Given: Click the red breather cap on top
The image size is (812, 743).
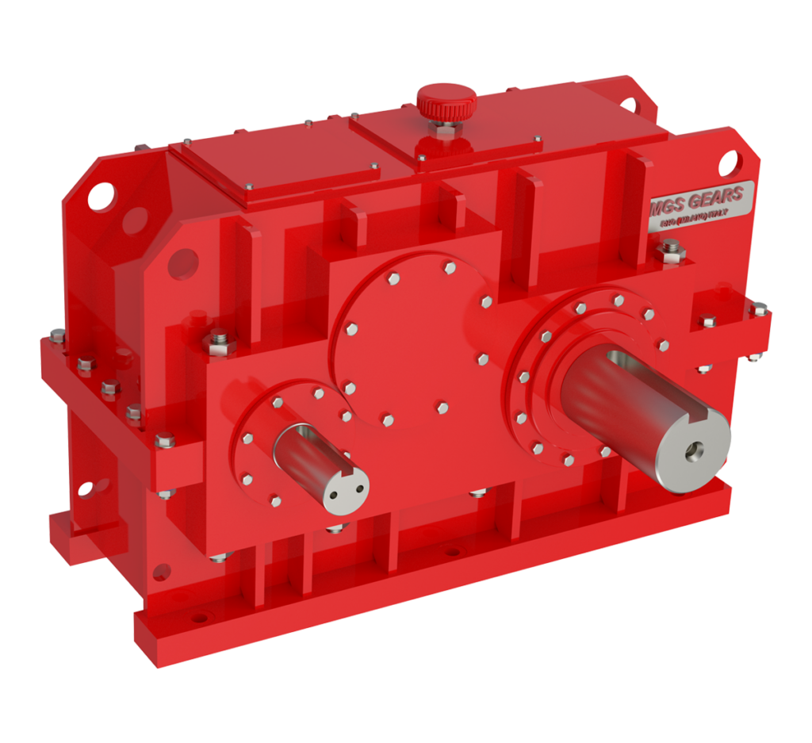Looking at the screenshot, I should pos(446,101).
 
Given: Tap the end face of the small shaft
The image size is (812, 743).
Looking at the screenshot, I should pos(347,486).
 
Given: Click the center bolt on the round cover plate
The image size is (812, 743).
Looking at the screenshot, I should pos(442,408).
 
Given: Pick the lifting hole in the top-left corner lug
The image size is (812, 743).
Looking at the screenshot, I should pos(101,195).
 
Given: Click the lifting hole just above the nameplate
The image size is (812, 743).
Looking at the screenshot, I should pos(733,168).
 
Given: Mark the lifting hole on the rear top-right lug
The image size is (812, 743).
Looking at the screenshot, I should pos(630,105).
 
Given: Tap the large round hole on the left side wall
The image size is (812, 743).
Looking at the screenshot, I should pos(182,262).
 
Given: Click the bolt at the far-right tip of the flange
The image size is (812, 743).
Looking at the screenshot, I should pos(758,309).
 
